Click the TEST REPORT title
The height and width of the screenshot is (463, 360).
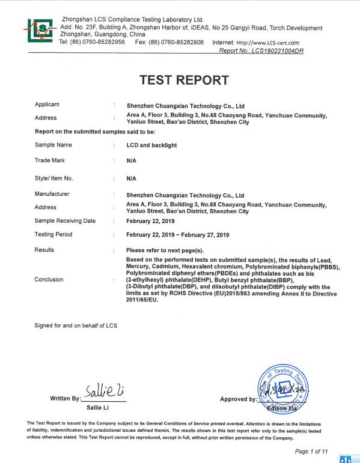(x=184, y=80)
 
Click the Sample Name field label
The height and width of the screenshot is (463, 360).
(x=53, y=145)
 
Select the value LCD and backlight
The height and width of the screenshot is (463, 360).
(x=151, y=145)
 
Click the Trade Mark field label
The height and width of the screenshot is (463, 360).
(x=50, y=160)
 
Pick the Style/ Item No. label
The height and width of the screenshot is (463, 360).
(x=54, y=178)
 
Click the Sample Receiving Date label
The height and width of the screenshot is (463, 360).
(x=65, y=220)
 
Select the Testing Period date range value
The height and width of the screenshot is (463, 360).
(x=177, y=235)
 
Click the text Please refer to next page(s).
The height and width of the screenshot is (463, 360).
(x=165, y=249)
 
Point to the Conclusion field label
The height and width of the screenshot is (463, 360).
(x=49, y=279)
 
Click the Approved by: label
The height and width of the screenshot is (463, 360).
(x=238, y=399)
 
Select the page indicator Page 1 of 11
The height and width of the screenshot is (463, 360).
(x=311, y=451)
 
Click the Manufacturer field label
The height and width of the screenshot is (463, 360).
(x=52, y=194)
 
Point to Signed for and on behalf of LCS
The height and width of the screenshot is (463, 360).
(x=76, y=325)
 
